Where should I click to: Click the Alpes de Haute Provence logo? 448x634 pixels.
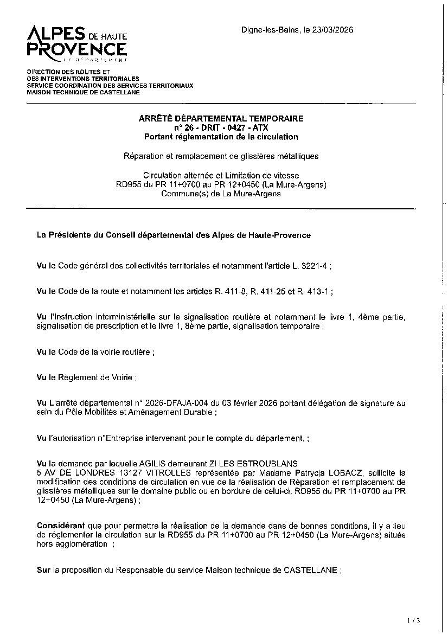(77, 43)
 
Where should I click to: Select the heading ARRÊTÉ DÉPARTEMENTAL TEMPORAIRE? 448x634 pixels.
(221, 118)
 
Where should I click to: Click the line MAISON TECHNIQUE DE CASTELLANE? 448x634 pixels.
(83, 92)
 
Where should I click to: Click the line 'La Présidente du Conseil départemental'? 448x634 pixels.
(174, 235)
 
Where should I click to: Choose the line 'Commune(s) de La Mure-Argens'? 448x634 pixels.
(221, 194)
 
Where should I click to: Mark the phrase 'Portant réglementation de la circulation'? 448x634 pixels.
(221, 137)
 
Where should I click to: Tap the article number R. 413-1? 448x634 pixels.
(313, 291)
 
